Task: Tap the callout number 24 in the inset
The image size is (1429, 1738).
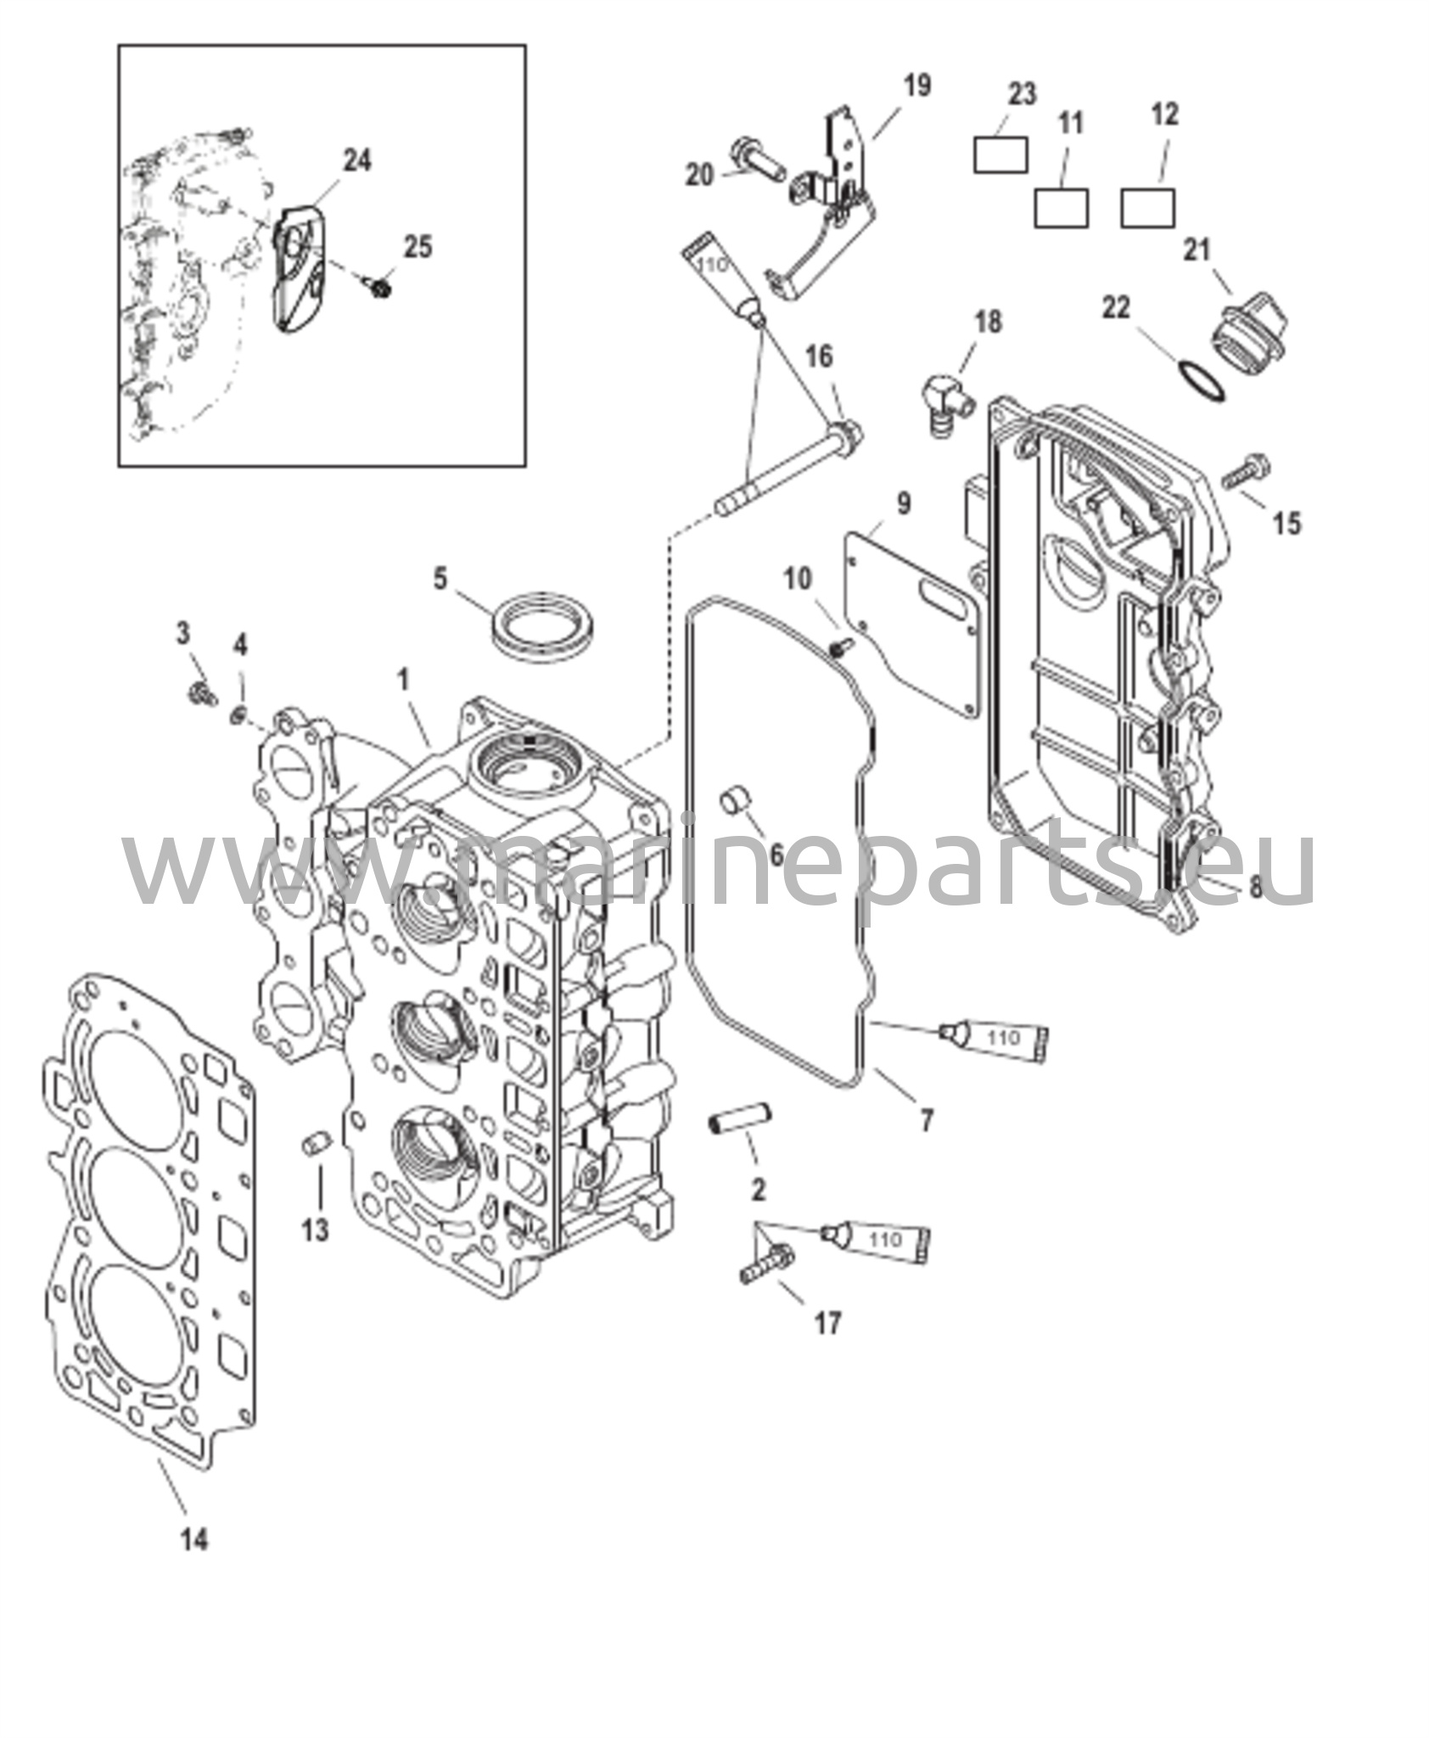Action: [356, 160]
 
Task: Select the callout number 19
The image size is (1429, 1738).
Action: [916, 85]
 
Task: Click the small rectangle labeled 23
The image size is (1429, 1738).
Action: [1000, 154]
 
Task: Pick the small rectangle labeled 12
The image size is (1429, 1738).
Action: [1147, 208]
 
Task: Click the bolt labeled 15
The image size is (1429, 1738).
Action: [1246, 471]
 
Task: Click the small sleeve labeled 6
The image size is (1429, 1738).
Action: [734, 802]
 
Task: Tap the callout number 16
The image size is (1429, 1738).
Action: [820, 356]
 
